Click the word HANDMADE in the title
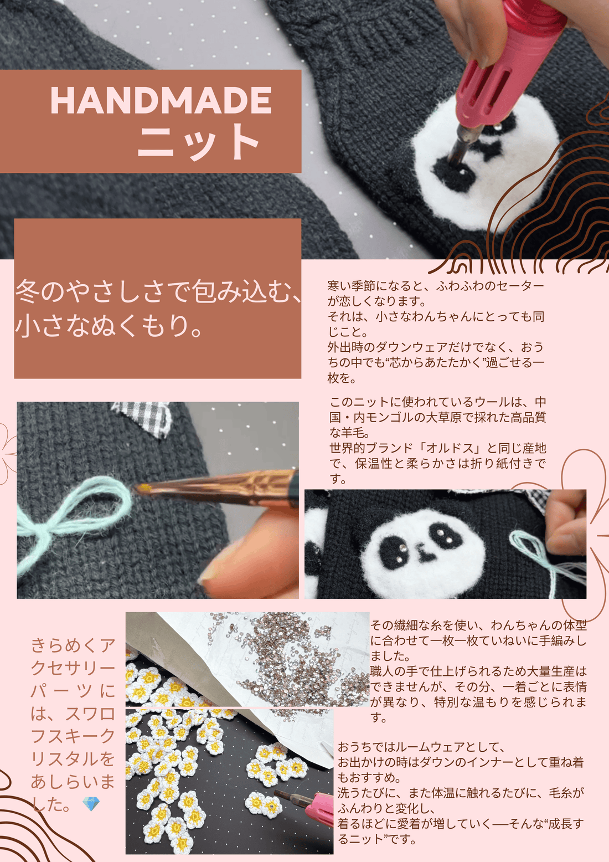161,101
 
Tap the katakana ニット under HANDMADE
198,142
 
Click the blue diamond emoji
91,804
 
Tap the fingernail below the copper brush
213,576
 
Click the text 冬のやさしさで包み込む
158,291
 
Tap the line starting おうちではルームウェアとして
421,747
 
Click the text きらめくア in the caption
73,645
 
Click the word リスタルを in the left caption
73,759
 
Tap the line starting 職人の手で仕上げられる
478,672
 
